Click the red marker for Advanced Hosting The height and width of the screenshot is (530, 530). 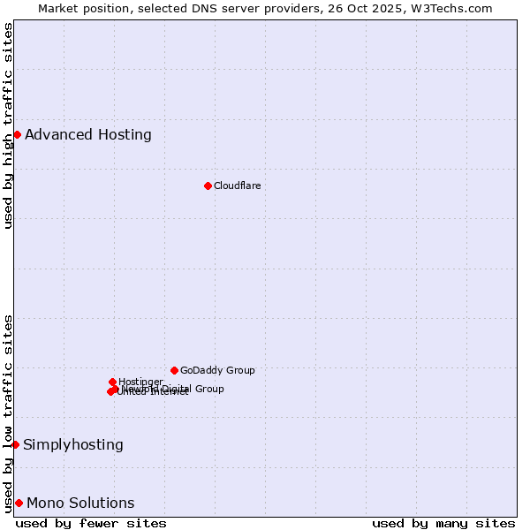coord(17,134)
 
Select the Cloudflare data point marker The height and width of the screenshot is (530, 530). coord(208,185)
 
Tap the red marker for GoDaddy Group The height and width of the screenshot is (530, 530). coord(174,370)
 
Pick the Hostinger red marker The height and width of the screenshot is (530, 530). coord(112,382)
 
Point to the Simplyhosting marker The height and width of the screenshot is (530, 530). coord(15,444)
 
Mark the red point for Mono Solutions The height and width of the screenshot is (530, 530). coord(19,503)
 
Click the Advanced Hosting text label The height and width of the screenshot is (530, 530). coord(88,135)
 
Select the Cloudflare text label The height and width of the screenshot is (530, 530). coord(237,185)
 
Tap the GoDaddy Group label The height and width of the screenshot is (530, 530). coord(217,370)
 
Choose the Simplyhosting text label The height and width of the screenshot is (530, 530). coord(73,445)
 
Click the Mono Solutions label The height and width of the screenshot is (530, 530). coord(80,503)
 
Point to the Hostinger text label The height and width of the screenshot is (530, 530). coord(140,382)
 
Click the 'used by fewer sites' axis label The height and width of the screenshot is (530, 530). coord(91,523)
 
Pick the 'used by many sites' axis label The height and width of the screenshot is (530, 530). coord(443,523)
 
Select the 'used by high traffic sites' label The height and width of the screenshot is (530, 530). coord(9,125)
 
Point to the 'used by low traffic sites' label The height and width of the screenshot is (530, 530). coord(9,413)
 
